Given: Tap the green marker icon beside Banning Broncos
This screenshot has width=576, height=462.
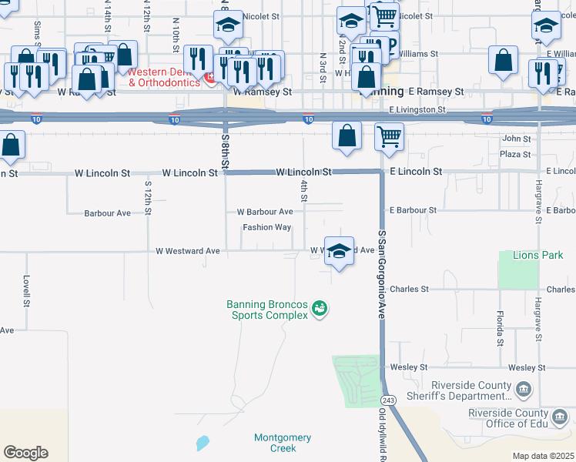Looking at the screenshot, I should pos(320,309).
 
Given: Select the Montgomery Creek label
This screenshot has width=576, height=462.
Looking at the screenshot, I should pos(283,443).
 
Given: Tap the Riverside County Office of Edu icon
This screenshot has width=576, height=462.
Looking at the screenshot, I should pos(561,417).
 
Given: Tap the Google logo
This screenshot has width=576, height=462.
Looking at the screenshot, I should pos(25,452).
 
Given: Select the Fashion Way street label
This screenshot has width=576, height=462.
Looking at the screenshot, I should pos(266,227).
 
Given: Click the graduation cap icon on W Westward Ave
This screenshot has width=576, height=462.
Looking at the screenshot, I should pos(339,251).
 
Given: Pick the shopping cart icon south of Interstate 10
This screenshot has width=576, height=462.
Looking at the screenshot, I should pos(389,137).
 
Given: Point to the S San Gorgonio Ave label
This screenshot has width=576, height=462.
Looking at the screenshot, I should pos(381,274).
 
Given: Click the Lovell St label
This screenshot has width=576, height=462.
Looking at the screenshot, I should pos(26,291).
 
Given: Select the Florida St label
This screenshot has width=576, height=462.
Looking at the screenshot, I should pos(499,328).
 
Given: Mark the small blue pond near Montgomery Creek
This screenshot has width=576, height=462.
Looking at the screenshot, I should pos(202,443).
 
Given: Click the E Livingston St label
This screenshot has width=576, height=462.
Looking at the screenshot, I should pos(418,110).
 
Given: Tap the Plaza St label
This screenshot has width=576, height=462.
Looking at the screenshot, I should pos(511,154).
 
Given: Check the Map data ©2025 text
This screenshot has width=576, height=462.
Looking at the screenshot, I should pos(542,456).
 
